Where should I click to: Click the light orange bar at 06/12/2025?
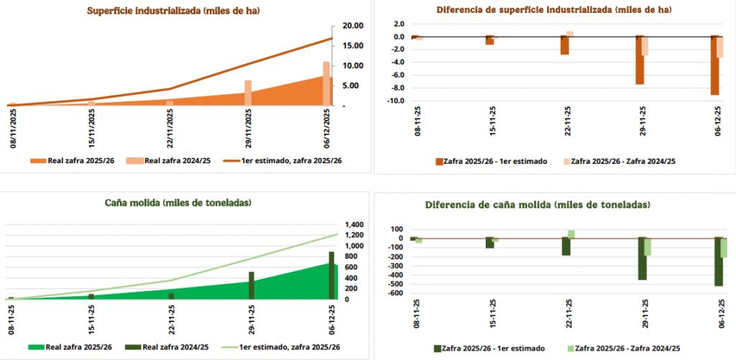coord(326,83)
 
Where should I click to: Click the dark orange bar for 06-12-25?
coord(714,65)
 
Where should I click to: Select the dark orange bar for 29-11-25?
coord(639,60)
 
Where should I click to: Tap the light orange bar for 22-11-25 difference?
coord(569,34)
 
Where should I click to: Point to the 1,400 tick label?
coord(356,225)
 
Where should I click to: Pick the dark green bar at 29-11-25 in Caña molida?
coord(252,285)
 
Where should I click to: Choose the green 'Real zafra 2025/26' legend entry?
coord(68,347)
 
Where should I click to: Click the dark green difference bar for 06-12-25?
coord(719,262)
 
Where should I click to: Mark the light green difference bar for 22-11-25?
coord(571,234)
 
